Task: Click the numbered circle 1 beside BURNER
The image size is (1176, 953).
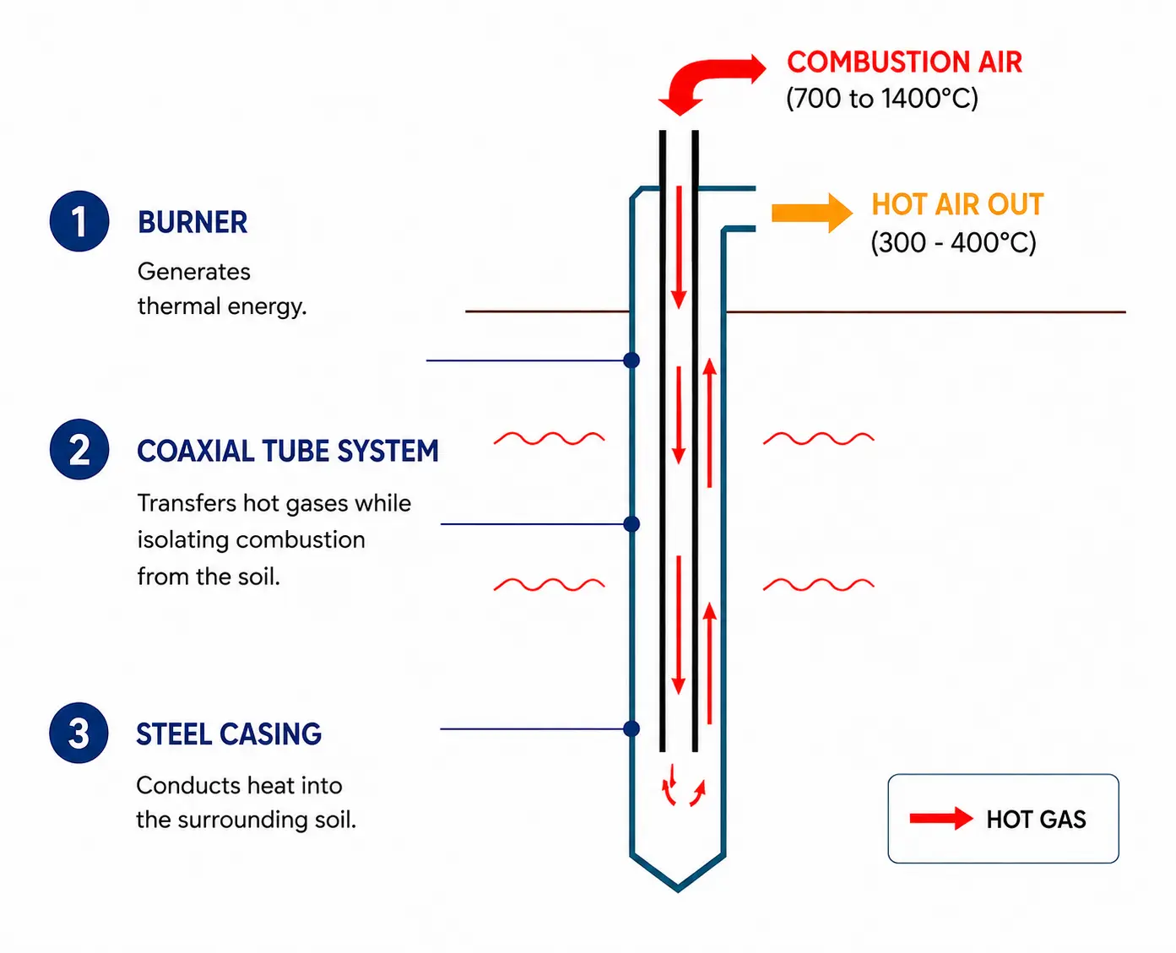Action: click(79, 221)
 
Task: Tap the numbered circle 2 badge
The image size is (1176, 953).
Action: click(79, 449)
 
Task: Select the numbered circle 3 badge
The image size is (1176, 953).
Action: click(79, 733)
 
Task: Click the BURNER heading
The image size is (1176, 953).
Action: click(192, 222)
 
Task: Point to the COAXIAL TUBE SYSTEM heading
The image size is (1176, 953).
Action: click(288, 451)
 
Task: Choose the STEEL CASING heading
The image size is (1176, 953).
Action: click(229, 734)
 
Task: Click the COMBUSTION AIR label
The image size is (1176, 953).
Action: click(904, 62)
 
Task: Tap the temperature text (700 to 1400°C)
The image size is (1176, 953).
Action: click(882, 99)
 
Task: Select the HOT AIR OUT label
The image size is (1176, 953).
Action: click(957, 204)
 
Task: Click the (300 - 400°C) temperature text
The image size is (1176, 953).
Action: click(953, 242)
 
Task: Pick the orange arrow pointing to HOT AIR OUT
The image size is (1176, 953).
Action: click(812, 213)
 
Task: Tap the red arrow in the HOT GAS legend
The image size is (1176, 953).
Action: click(942, 818)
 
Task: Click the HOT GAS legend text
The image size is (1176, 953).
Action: click(1037, 820)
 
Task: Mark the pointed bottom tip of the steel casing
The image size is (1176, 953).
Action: click(679, 891)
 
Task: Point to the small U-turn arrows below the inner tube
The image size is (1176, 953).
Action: click(684, 785)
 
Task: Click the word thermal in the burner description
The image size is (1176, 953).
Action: click(178, 306)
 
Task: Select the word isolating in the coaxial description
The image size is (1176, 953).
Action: click(182, 540)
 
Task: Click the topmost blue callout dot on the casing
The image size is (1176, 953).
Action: click(631, 360)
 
